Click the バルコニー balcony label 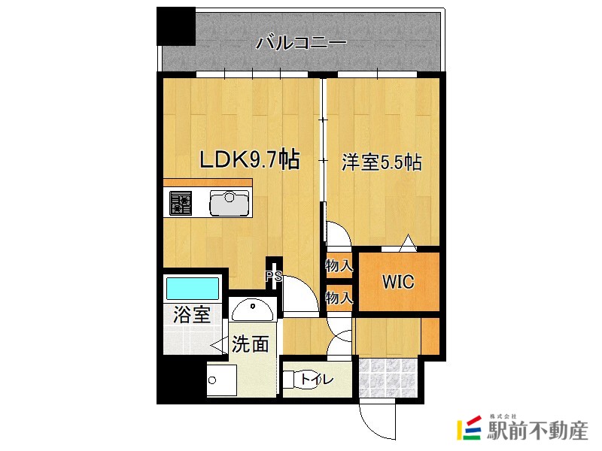301,42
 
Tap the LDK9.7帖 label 250,159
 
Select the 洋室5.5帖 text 381,162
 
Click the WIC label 397,283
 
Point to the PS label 273,276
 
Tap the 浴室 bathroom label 192,315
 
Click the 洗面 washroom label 250,344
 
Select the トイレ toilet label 316,380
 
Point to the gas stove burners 181,203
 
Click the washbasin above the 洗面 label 252,308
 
